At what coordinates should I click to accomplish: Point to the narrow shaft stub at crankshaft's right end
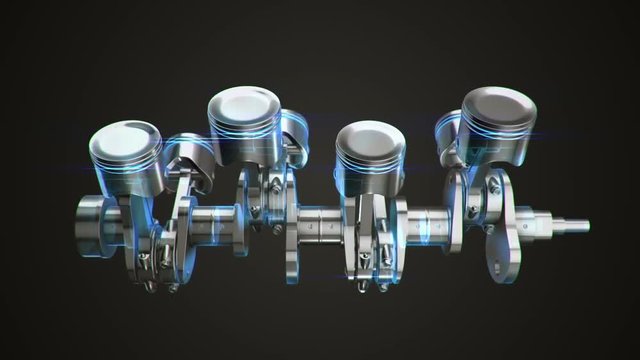(x=567, y=224)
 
